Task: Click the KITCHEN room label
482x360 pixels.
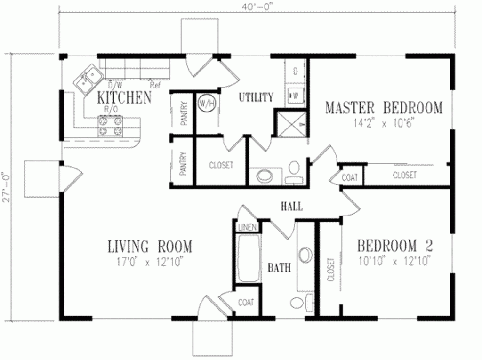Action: tap(124, 97)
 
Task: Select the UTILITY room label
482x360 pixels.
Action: tap(256, 97)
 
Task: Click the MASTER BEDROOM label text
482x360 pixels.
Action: tap(384, 107)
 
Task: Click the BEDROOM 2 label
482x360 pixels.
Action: tap(394, 246)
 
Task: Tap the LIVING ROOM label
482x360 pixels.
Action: tap(150, 246)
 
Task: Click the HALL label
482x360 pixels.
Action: tap(291, 206)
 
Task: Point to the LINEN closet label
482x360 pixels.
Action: tap(247, 227)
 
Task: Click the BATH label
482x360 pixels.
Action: tap(279, 268)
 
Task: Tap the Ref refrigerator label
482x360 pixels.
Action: tap(154, 86)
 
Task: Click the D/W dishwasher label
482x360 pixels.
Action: tap(114, 86)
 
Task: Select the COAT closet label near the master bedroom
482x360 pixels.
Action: tap(350, 177)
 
